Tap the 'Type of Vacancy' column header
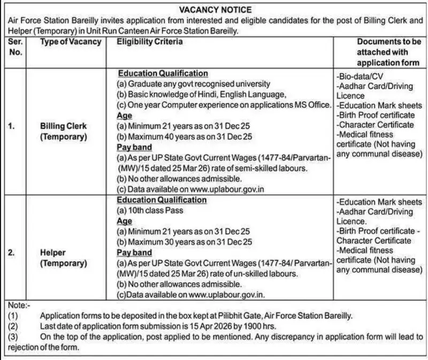pos(71,42)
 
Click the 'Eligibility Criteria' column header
pos(149,42)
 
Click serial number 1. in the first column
pos(12,126)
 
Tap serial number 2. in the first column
pos(12,253)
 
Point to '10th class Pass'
pos(150,210)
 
